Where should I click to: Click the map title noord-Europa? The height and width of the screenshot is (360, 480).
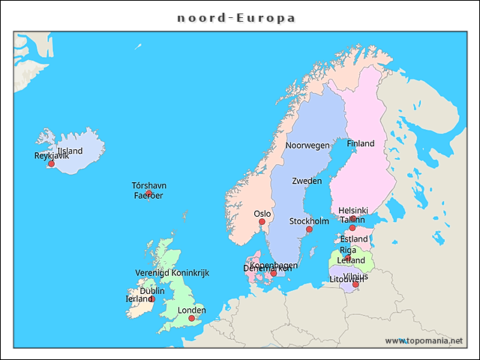(x=236, y=17)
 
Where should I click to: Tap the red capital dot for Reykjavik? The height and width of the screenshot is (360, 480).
(x=51, y=163)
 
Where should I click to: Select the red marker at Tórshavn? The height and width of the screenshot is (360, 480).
(x=148, y=193)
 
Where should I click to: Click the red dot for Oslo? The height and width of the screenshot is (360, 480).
(x=262, y=222)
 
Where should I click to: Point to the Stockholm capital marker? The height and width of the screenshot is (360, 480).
(x=309, y=229)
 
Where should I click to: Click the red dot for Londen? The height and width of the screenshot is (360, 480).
(x=191, y=318)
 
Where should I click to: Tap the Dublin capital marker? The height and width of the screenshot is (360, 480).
(x=152, y=298)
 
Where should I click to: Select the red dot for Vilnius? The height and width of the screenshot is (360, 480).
(x=355, y=284)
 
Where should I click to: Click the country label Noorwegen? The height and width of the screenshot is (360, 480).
(x=307, y=145)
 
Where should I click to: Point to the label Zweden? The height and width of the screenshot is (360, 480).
(x=307, y=181)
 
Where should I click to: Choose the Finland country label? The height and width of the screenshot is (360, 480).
(x=361, y=143)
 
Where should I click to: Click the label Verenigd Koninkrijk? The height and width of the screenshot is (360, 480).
(x=172, y=273)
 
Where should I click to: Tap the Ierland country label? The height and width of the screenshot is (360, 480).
(x=139, y=298)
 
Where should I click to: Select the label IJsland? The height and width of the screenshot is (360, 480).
(x=70, y=150)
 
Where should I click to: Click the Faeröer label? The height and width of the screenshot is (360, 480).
(x=148, y=196)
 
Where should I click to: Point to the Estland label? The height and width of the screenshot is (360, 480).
(x=354, y=239)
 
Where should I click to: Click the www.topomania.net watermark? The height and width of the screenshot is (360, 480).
(x=424, y=340)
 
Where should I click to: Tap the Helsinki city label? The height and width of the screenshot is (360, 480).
(x=353, y=210)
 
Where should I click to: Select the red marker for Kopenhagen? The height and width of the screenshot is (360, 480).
(x=273, y=274)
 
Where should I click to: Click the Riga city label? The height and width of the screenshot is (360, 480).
(x=348, y=250)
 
